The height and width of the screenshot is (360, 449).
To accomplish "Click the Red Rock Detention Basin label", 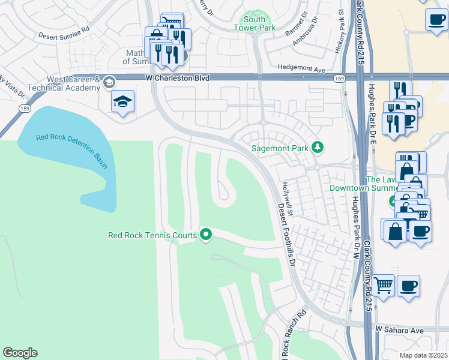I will [x=71, y=150].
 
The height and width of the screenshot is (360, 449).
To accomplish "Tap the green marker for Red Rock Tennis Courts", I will [x=206, y=235].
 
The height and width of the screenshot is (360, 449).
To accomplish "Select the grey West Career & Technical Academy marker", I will [x=109, y=82].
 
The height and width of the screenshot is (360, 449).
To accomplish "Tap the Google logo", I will [x=20, y=353].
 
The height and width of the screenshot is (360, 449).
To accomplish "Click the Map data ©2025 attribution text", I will [x=423, y=355].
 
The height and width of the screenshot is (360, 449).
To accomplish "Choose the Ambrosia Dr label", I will [x=304, y=35].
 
